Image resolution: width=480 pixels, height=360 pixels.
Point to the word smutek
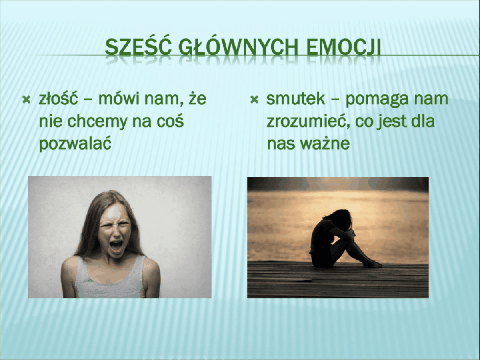(x=296, y=98)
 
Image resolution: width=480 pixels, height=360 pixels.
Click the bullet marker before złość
(x=26, y=100)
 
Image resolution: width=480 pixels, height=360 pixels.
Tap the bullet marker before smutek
(x=254, y=100)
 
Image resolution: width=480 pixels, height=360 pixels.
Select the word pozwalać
(x=75, y=144)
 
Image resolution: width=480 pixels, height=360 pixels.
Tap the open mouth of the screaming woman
(x=116, y=246)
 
